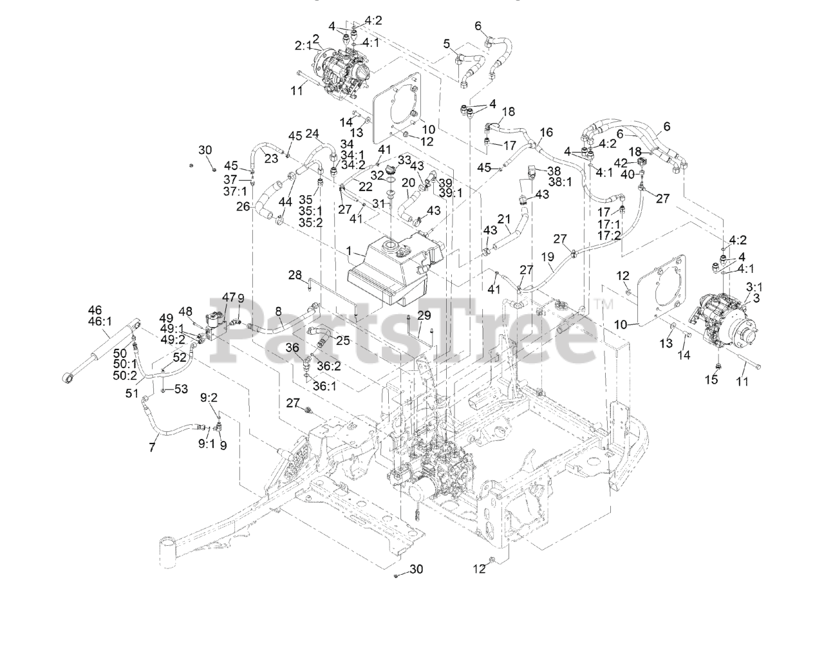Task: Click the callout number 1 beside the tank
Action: pyautogui.click(x=348, y=250)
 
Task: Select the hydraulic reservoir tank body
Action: pyautogui.click(x=397, y=269)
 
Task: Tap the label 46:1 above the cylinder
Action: pyautogui.click(x=100, y=321)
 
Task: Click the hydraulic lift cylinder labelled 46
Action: pyautogui.click(x=102, y=350)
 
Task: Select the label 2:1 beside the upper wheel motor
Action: pyautogui.click(x=303, y=46)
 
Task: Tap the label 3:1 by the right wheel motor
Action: pyautogui.click(x=754, y=287)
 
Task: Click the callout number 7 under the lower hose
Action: pyautogui.click(x=152, y=447)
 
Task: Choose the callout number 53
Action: pyautogui.click(x=181, y=389)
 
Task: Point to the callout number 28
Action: pyautogui.click(x=295, y=275)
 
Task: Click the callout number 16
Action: pyautogui.click(x=547, y=132)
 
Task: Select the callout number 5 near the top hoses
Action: pyautogui.click(x=447, y=44)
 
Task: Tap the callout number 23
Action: pyautogui.click(x=271, y=158)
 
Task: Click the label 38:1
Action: pyautogui.click(x=560, y=182)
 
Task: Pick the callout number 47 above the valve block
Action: pyautogui.click(x=229, y=297)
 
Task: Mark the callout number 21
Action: pyautogui.click(x=504, y=219)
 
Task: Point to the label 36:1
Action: pyautogui.click(x=324, y=386)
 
